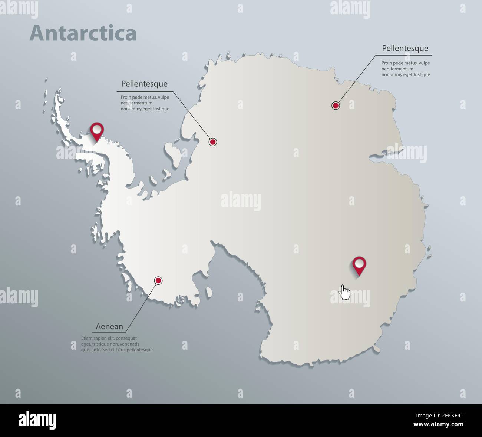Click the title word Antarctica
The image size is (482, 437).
pos(83,33)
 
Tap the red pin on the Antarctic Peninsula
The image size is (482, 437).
pos(97,129)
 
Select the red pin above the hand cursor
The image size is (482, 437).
pos(359,264)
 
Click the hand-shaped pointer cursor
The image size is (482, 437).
pos(345,292)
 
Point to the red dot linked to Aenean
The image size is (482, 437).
pos(158,280)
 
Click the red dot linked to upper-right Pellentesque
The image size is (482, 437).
pos(336,106)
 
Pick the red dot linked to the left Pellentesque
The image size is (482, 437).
pos(212,141)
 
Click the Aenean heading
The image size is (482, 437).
pos(109,326)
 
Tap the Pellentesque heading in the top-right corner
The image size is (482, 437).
pos(405,48)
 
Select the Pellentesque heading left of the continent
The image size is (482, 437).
pos(144,84)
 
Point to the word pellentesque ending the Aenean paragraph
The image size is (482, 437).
pos(139,350)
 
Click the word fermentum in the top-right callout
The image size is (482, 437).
pos(402,69)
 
